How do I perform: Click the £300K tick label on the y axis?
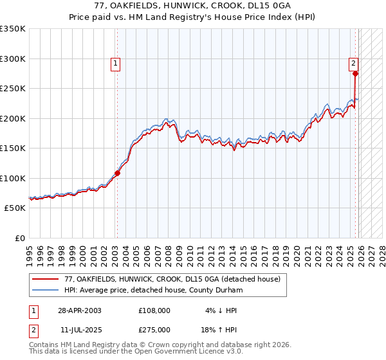tap(13, 59)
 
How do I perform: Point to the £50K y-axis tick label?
tap(15, 208)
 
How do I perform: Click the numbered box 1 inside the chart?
tap(115, 63)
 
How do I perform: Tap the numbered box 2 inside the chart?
tap(354, 63)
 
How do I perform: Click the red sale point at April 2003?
tap(118, 173)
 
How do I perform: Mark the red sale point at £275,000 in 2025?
tap(355, 73)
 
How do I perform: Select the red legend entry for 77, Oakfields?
tap(172, 280)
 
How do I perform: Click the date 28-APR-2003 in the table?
tap(79, 310)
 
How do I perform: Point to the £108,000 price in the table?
tap(154, 310)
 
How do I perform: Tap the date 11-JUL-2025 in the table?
tap(79, 329)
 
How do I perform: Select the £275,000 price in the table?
tap(154, 329)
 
